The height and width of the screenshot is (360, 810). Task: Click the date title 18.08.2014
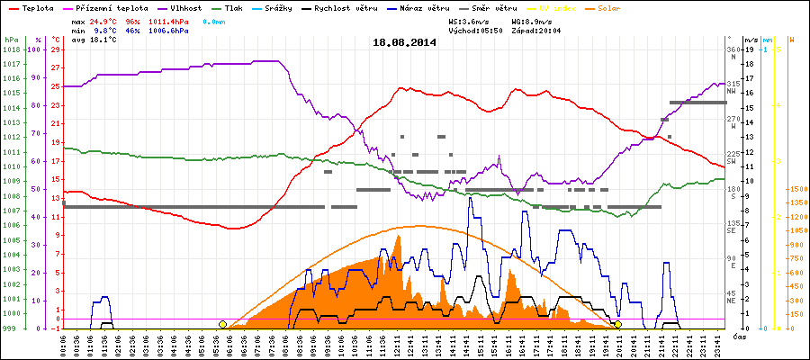pyautogui.click(x=405, y=42)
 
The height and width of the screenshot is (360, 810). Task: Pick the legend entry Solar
pyautogui.click(x=647, y=7)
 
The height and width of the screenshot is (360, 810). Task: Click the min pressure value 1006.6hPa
pyautogui.click(x=168, y=31)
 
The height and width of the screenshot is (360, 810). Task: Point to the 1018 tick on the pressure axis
pyautogui.click(x=11, y=50)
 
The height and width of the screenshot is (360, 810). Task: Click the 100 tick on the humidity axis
pyautogui.click(x=36, y=50)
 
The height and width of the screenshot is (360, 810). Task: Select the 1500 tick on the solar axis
pyautogui.click(x=796, y=190)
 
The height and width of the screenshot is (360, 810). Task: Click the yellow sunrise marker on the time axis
pyautogui.click(x=222, y=324)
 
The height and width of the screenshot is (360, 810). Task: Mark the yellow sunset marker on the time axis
pyautogui.click(x=617, y=324)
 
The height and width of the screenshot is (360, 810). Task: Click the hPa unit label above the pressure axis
pyautogui.click(x=10, y=40)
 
